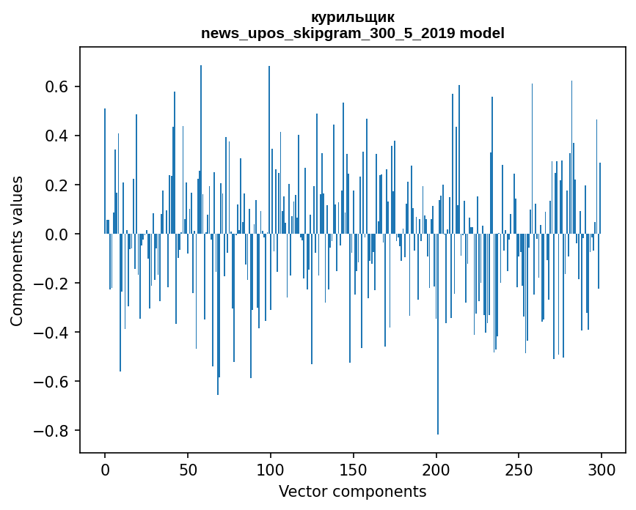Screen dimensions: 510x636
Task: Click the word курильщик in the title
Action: click(x=352, y=18)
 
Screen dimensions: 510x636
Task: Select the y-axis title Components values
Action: click(x=17, y=251)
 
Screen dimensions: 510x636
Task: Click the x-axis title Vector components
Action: click(x=352, y=492)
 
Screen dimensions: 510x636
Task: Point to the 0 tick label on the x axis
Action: click(x=105, y=468)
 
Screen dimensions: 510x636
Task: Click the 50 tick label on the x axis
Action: click(x=188, y=468)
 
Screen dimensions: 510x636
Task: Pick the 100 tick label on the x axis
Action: click(x=271, y=468)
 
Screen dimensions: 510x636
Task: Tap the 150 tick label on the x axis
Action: click(x=354, y=468)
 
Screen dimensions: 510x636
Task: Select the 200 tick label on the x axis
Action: click(x=436, y=468)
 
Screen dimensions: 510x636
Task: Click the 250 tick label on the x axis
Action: click(x=519, y=468)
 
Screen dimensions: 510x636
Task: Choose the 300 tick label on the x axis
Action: click(x=602, y=468)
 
